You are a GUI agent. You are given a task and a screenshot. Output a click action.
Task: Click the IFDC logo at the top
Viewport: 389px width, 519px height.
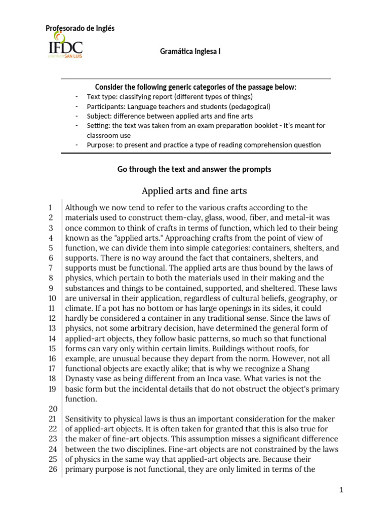[65, 45]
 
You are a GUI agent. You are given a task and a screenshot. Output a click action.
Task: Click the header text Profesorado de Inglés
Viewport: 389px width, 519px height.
[80, 28]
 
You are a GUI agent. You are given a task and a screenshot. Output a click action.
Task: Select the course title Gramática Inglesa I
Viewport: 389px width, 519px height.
[190, 52]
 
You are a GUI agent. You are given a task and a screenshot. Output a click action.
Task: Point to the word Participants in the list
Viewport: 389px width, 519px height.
[105, 106]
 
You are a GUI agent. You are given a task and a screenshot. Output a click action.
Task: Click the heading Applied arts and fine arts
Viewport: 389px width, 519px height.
[194, 191]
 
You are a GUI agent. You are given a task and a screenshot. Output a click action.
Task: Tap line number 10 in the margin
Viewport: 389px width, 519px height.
[51, 298]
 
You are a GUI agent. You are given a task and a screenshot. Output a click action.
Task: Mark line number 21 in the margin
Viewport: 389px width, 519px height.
[51, 419]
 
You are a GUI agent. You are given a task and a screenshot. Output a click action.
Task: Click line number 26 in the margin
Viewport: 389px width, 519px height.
[51, 469]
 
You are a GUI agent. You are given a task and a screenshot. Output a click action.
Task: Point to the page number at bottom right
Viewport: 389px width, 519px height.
[342, 490]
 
